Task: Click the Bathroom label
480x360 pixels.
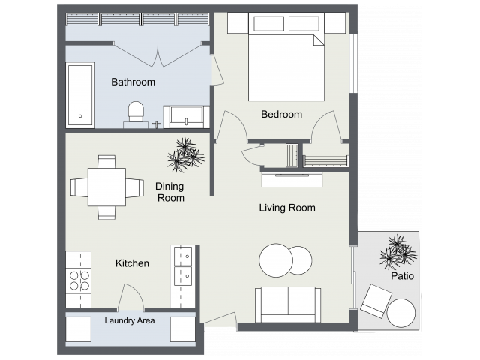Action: (133, 82)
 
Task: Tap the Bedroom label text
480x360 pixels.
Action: (281, 115)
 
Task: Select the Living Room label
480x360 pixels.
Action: (287, 208)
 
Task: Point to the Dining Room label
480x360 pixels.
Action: (169, 192)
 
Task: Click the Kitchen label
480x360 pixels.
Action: (132, 263)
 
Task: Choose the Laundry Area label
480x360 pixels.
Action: (129, 320)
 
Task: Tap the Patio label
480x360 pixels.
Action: (402, 276)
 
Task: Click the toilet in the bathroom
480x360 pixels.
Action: (136, 112)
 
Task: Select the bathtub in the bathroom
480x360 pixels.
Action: (80, 94)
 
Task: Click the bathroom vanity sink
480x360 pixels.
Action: (186, 116)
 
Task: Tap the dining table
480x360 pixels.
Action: (106, 186)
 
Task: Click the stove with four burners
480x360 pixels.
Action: (79, 280)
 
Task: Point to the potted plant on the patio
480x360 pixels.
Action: (395, 252)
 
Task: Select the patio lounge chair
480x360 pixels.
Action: (373, 301)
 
